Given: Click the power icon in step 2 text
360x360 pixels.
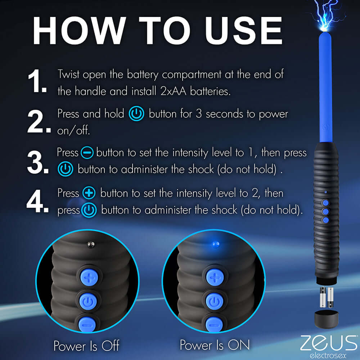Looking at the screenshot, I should (136, 114).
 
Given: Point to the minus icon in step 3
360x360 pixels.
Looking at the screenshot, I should (87, 153).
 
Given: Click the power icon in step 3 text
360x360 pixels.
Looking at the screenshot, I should (65, 170).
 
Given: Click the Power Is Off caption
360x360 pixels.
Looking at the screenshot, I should (86, 346).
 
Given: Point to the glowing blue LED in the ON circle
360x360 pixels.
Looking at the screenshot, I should (215, 244).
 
